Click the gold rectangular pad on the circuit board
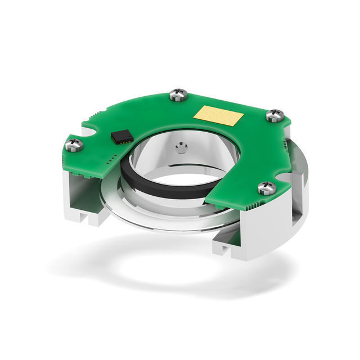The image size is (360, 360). coord(218,116)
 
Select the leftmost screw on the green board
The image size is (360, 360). coord(74,145)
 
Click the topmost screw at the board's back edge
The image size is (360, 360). coord(178,94)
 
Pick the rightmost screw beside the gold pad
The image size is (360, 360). coord(274,116)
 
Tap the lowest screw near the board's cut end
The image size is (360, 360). coord(267,188)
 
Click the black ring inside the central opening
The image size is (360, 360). coord(169,188)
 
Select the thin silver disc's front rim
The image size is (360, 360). coord(169,225)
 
